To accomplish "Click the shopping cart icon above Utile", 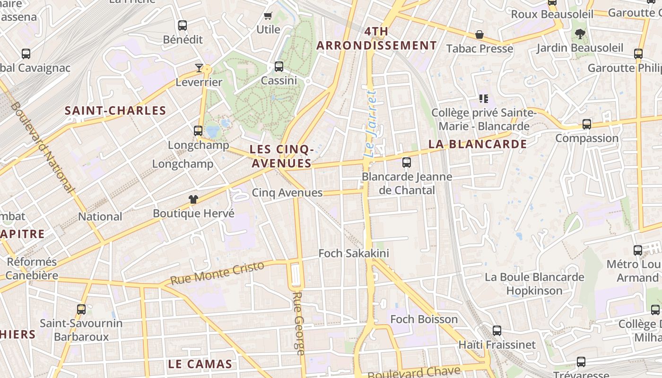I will coord(268,16).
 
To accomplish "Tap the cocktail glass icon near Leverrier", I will coord(199,68).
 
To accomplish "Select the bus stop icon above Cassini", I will coord(279,67).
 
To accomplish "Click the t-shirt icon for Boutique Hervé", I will coord(193,199).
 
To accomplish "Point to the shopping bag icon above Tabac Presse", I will coord(479,35).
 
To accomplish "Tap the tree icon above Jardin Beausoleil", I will coord(580,34).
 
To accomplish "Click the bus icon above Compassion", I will coord(587,124).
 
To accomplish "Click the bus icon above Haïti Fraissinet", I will coord(497,331).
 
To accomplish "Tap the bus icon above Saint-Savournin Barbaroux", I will coord(81,309).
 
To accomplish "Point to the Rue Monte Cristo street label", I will coord(217,273).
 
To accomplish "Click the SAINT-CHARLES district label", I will coord(115,111).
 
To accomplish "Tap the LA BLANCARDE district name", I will coord(478,145).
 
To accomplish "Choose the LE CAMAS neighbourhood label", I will coord(200,364).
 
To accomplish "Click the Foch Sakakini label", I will coord(354,253).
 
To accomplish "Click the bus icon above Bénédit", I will coord(183,26).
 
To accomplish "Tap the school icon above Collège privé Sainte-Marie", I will coord(483,98).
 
